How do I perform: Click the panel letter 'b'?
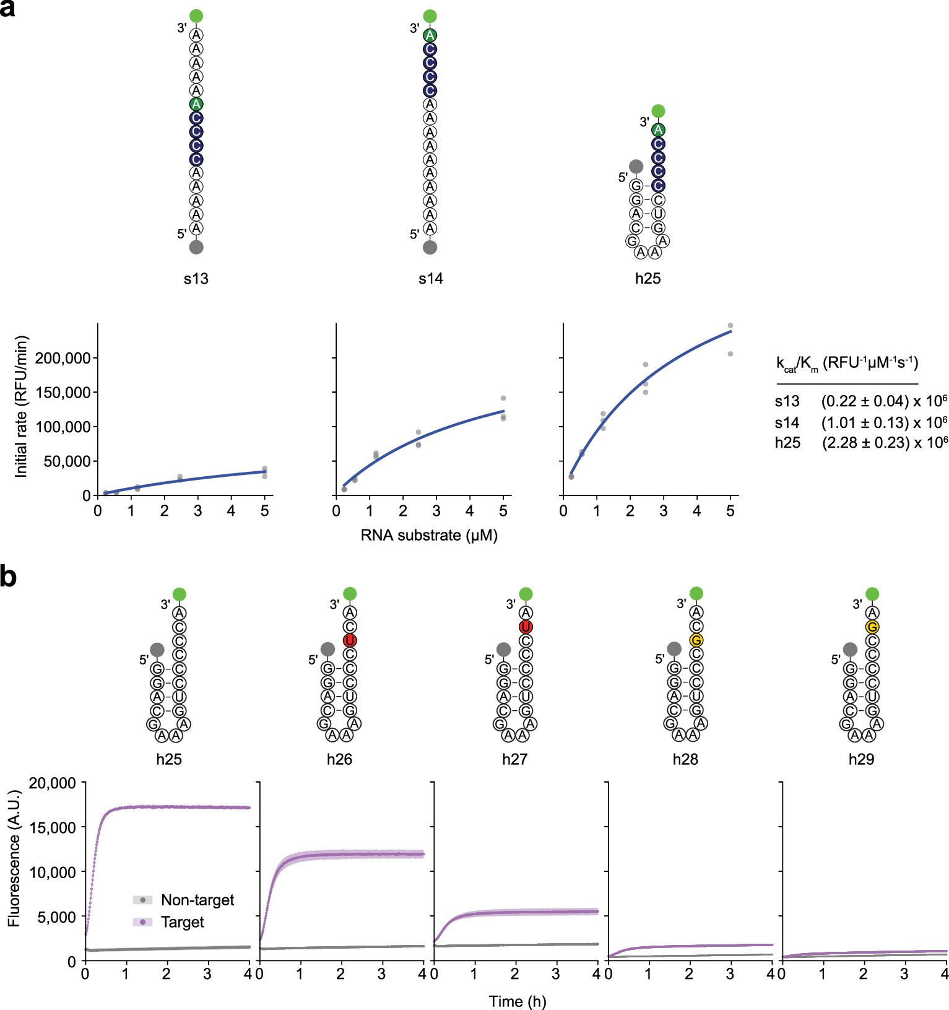8,577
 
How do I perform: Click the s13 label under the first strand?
196,279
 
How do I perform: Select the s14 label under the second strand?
430,279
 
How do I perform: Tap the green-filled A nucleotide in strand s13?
196,104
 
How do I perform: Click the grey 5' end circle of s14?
430,247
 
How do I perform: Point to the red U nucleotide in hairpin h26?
350,640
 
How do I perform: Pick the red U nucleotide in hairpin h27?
526,627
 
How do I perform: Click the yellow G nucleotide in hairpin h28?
696,640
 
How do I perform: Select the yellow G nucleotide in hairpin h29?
872,627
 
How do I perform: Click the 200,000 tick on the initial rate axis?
63,358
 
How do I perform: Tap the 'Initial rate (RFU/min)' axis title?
22,406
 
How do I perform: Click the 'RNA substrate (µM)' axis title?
429,535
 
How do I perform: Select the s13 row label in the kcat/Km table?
787,401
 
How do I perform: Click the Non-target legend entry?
197,900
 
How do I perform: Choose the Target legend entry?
182,922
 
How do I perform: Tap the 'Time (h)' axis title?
517,1001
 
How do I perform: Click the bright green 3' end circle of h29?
872,594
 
